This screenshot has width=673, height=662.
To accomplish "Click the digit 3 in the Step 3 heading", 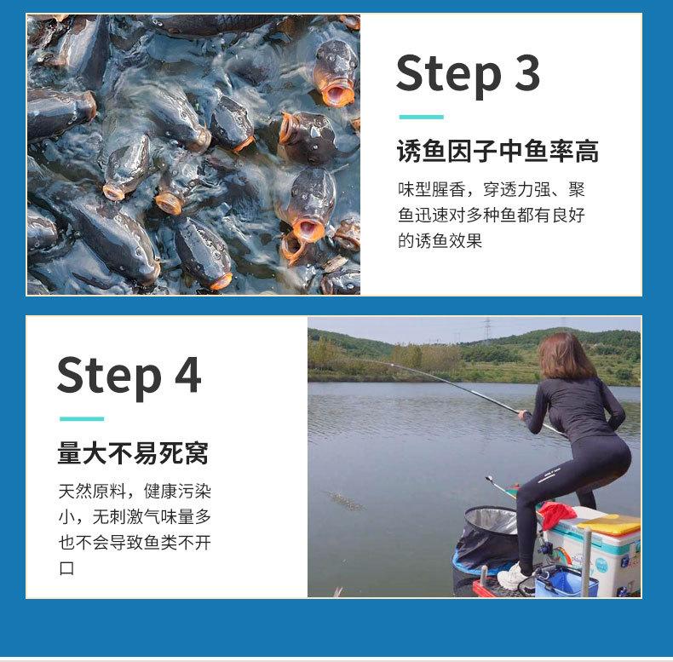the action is pyautogui.click(x=527, y=73).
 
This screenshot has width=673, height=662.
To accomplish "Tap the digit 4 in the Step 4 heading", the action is pyautogui.click(x=188, y=375).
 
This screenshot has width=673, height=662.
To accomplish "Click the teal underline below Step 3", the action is pyautogui.click(x=421, y=117).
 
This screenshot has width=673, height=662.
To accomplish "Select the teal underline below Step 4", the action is pyautogui.click(x=82, y=418).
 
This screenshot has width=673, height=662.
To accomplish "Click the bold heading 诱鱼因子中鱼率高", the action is pyautogui.click(x=498, y=151).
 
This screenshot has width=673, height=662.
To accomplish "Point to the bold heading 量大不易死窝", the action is pyautogui.click(x=133, y=453).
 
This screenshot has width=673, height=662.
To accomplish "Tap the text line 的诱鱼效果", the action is pyautogui.click(x=440, y=241).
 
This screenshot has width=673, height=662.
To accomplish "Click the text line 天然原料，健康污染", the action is pyautogui.click(x=135, y=491).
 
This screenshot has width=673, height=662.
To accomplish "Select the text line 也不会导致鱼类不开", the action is pyautogui.click(x=135, y=543).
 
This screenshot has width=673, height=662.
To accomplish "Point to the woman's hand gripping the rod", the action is pyautogui.click(x=524, y=415).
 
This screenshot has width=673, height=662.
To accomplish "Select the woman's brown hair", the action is pyautogui.click(x=564, y=356).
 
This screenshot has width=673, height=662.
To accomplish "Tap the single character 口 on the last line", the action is pyautogui.click(x=66, y=568).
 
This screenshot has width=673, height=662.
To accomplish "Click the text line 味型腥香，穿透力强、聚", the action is pyautogui.click(x=492, y=189).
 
